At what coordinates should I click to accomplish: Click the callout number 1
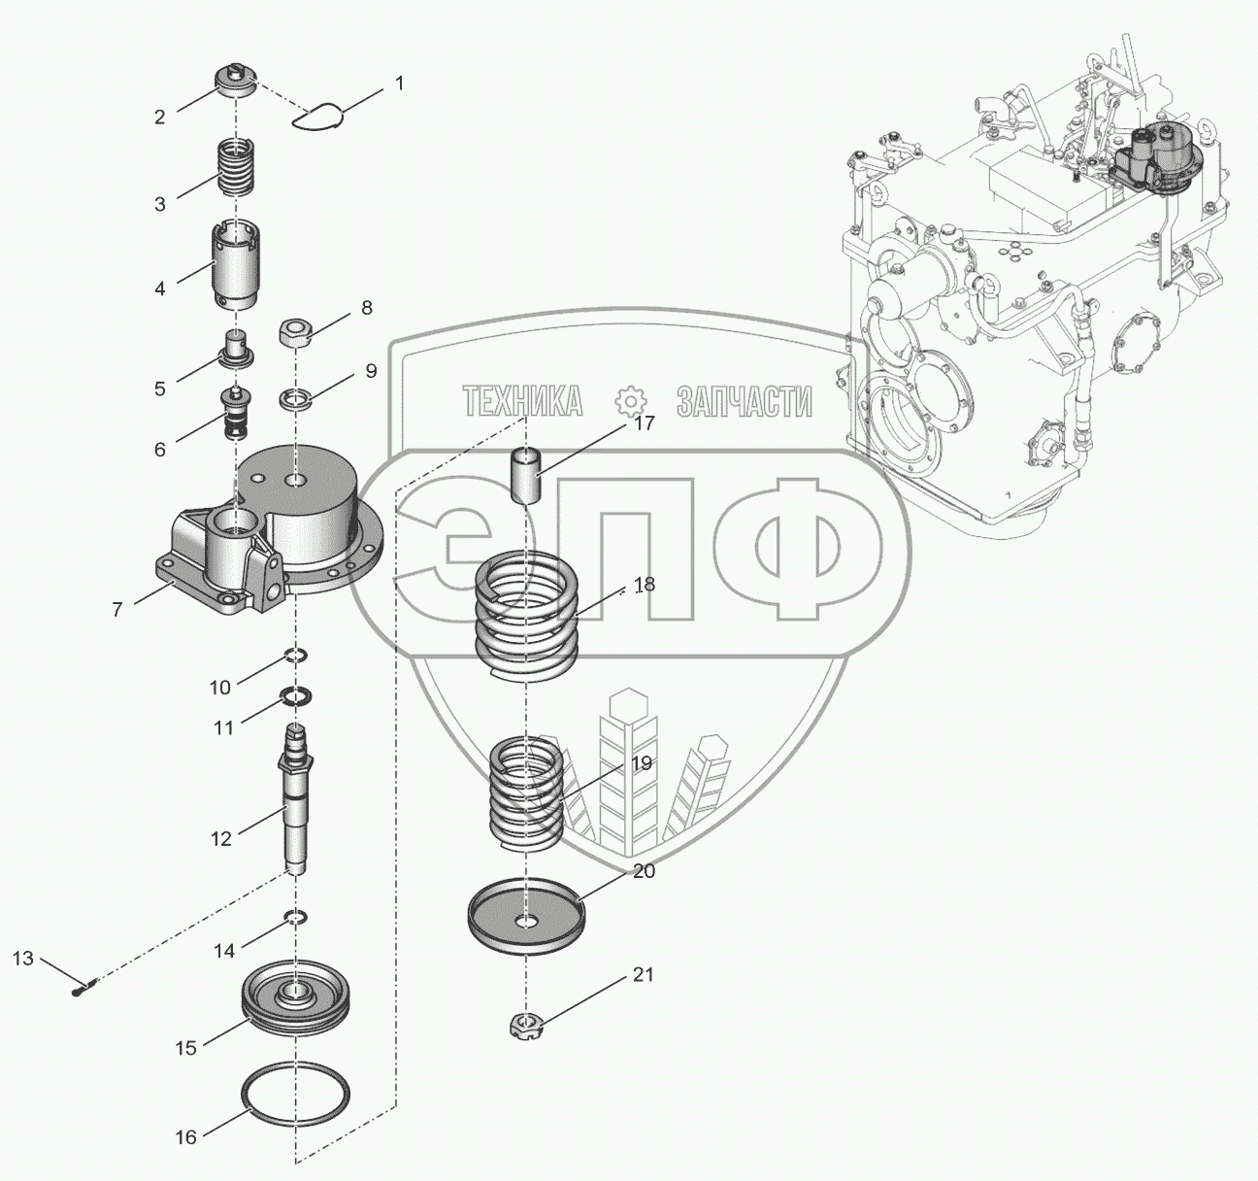coord(398,84)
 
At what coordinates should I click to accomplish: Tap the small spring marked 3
coord(238,168)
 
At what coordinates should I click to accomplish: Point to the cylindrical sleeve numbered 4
coord(236,265)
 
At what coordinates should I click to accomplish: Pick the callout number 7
coord(116,609)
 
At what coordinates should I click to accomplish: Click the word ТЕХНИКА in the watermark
coord(522,399)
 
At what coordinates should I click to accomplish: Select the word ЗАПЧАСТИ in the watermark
coord(744,400)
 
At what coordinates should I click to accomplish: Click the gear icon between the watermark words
coord(630,400)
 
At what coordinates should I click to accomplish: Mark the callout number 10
coord(220,687)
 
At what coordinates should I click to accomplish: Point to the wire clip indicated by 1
coord(319,116)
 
